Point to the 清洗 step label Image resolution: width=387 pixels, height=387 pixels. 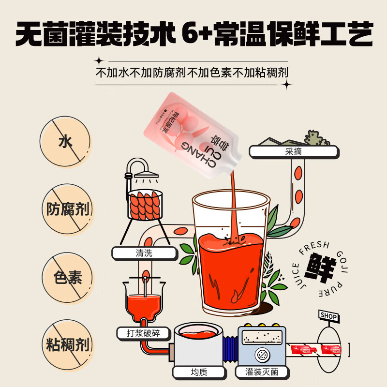(x=138, y=253)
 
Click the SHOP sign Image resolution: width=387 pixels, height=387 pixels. (x=329, y=315)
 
